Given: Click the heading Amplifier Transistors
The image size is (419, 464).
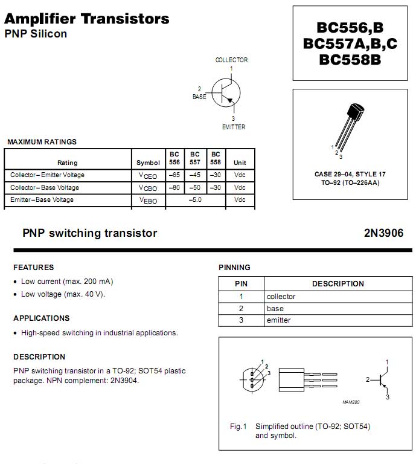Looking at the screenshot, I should click(x=87, y=19).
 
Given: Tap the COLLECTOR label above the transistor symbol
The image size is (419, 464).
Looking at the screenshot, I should click(x=231, y=60).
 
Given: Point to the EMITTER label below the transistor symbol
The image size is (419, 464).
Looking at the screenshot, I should click(x=233, y=127).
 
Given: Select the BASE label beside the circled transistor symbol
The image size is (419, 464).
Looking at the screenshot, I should click(x=199, y=97).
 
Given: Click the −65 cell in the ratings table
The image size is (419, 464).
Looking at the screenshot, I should click(x=174, y=175).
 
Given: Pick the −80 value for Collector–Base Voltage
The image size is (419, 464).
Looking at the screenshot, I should click(x=174, y=187).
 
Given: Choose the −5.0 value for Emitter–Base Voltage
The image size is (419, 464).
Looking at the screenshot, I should click(x=194, y=200).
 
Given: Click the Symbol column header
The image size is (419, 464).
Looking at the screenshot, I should click(x=148, y=163).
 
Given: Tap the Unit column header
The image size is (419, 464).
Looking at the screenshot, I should click(x=240, y=163).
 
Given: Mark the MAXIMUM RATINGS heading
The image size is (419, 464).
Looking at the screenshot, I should click(x=42, y=142).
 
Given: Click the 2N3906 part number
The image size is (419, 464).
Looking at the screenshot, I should click(x=383, y=233).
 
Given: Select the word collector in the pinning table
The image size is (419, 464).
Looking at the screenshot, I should click(x=281, y=297).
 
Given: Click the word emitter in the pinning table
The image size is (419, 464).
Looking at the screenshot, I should click(x=278, y=320).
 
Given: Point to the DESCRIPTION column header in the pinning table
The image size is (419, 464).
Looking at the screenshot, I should click(x=337, y=284).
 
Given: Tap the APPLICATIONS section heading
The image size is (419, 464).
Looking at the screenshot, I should click(x=41, y=318).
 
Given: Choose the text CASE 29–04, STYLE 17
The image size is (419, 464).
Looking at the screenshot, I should click(x=350, y=175).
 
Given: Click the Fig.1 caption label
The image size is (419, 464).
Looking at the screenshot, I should click(x=238, y=427).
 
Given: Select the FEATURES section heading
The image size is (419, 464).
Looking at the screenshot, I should click(x=33, y=268).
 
